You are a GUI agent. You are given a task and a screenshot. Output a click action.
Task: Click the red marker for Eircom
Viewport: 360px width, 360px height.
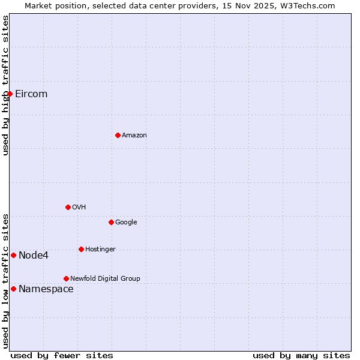(x=10, y=94)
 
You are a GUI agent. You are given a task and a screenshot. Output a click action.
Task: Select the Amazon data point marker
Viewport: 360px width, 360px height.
(x=118, y=135)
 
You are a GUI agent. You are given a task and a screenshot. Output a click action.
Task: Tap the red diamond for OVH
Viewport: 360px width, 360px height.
(x=68, y=207)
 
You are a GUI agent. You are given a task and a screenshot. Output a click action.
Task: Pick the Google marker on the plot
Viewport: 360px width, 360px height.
(x=111, y=222)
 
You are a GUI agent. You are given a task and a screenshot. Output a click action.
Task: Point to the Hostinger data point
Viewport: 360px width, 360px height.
(x=81, y=249)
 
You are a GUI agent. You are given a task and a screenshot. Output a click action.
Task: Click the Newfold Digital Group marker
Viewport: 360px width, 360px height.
(x=66, y=278)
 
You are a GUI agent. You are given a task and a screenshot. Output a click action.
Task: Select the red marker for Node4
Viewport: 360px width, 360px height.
(x=13, y=255)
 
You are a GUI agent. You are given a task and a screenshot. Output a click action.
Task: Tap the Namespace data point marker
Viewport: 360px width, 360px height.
(x=13, y=289)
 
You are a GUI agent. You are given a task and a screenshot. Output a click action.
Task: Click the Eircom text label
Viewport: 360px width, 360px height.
(x=31, y=94)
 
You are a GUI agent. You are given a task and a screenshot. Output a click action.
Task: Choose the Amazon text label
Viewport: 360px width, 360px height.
(x=134, y=135)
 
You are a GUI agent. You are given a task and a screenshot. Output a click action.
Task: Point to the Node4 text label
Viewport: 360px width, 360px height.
(x=34, y=255)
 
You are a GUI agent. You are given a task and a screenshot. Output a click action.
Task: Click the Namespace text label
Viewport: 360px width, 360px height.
(x=46, y=289)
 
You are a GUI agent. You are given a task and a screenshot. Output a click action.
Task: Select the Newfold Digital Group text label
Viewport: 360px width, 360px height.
(x=105, y=278)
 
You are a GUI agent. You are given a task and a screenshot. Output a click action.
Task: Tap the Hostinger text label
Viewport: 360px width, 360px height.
(x=100, y=249)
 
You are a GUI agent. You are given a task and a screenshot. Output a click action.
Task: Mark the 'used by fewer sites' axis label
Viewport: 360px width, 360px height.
(x=62, y=355)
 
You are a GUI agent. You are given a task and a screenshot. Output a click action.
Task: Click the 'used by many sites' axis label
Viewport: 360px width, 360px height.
(x=301, y=355)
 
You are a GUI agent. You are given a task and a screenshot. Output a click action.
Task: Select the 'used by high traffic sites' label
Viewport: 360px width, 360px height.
(x=5, y=85)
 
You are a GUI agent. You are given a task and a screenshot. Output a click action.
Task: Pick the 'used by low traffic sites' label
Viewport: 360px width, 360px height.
(x=5, y=280)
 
